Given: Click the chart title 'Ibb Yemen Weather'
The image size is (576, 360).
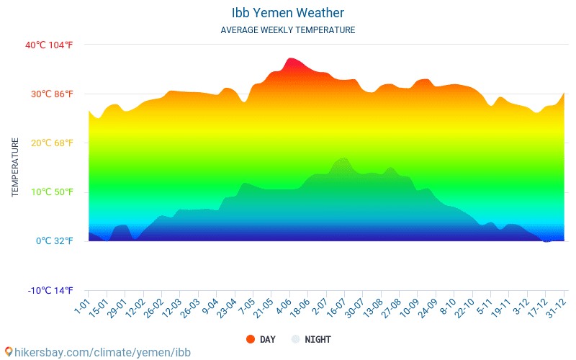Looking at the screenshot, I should pos(288,13).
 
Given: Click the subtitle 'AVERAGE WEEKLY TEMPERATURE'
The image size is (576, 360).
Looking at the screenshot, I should pos(288,30).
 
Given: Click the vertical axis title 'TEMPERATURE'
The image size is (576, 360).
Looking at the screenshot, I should pos(15,168).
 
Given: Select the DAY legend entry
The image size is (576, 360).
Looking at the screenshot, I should pos(261,339).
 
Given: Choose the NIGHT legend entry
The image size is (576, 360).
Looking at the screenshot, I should pos(311,339).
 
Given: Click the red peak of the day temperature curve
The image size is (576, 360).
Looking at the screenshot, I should pos(290,59).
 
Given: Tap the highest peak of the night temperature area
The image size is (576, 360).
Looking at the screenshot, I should pos(344,158).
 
